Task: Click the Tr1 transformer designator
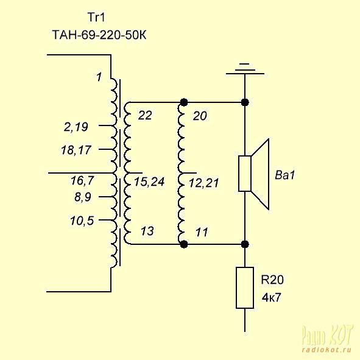click(x=96, y=17)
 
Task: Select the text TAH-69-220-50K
click(x=99, y=35)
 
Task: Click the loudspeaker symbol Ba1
click(x=253, y=174)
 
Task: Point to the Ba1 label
click(x=284, y=175)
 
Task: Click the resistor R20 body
click(x=245, y=288)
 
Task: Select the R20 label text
click(x=272, y=280)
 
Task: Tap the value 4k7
click(x=271, y=298)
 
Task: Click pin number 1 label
click(x=99, y=77)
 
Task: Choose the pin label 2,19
click(x=76, y=127)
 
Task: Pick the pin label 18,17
click(x=76, y=150)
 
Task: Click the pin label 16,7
click(x=82, y=180)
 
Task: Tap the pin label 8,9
click(x=83, y=197)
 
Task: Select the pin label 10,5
click(x=82, y=221)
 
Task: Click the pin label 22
click(x=145, y=115)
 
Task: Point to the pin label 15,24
click(x=149, y=182)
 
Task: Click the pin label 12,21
click(x=204, y=183)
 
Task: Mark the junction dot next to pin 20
click(x=184, y=102)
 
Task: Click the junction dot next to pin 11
click(x=184, y=244)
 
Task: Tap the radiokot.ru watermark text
click(x=326, y=350)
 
